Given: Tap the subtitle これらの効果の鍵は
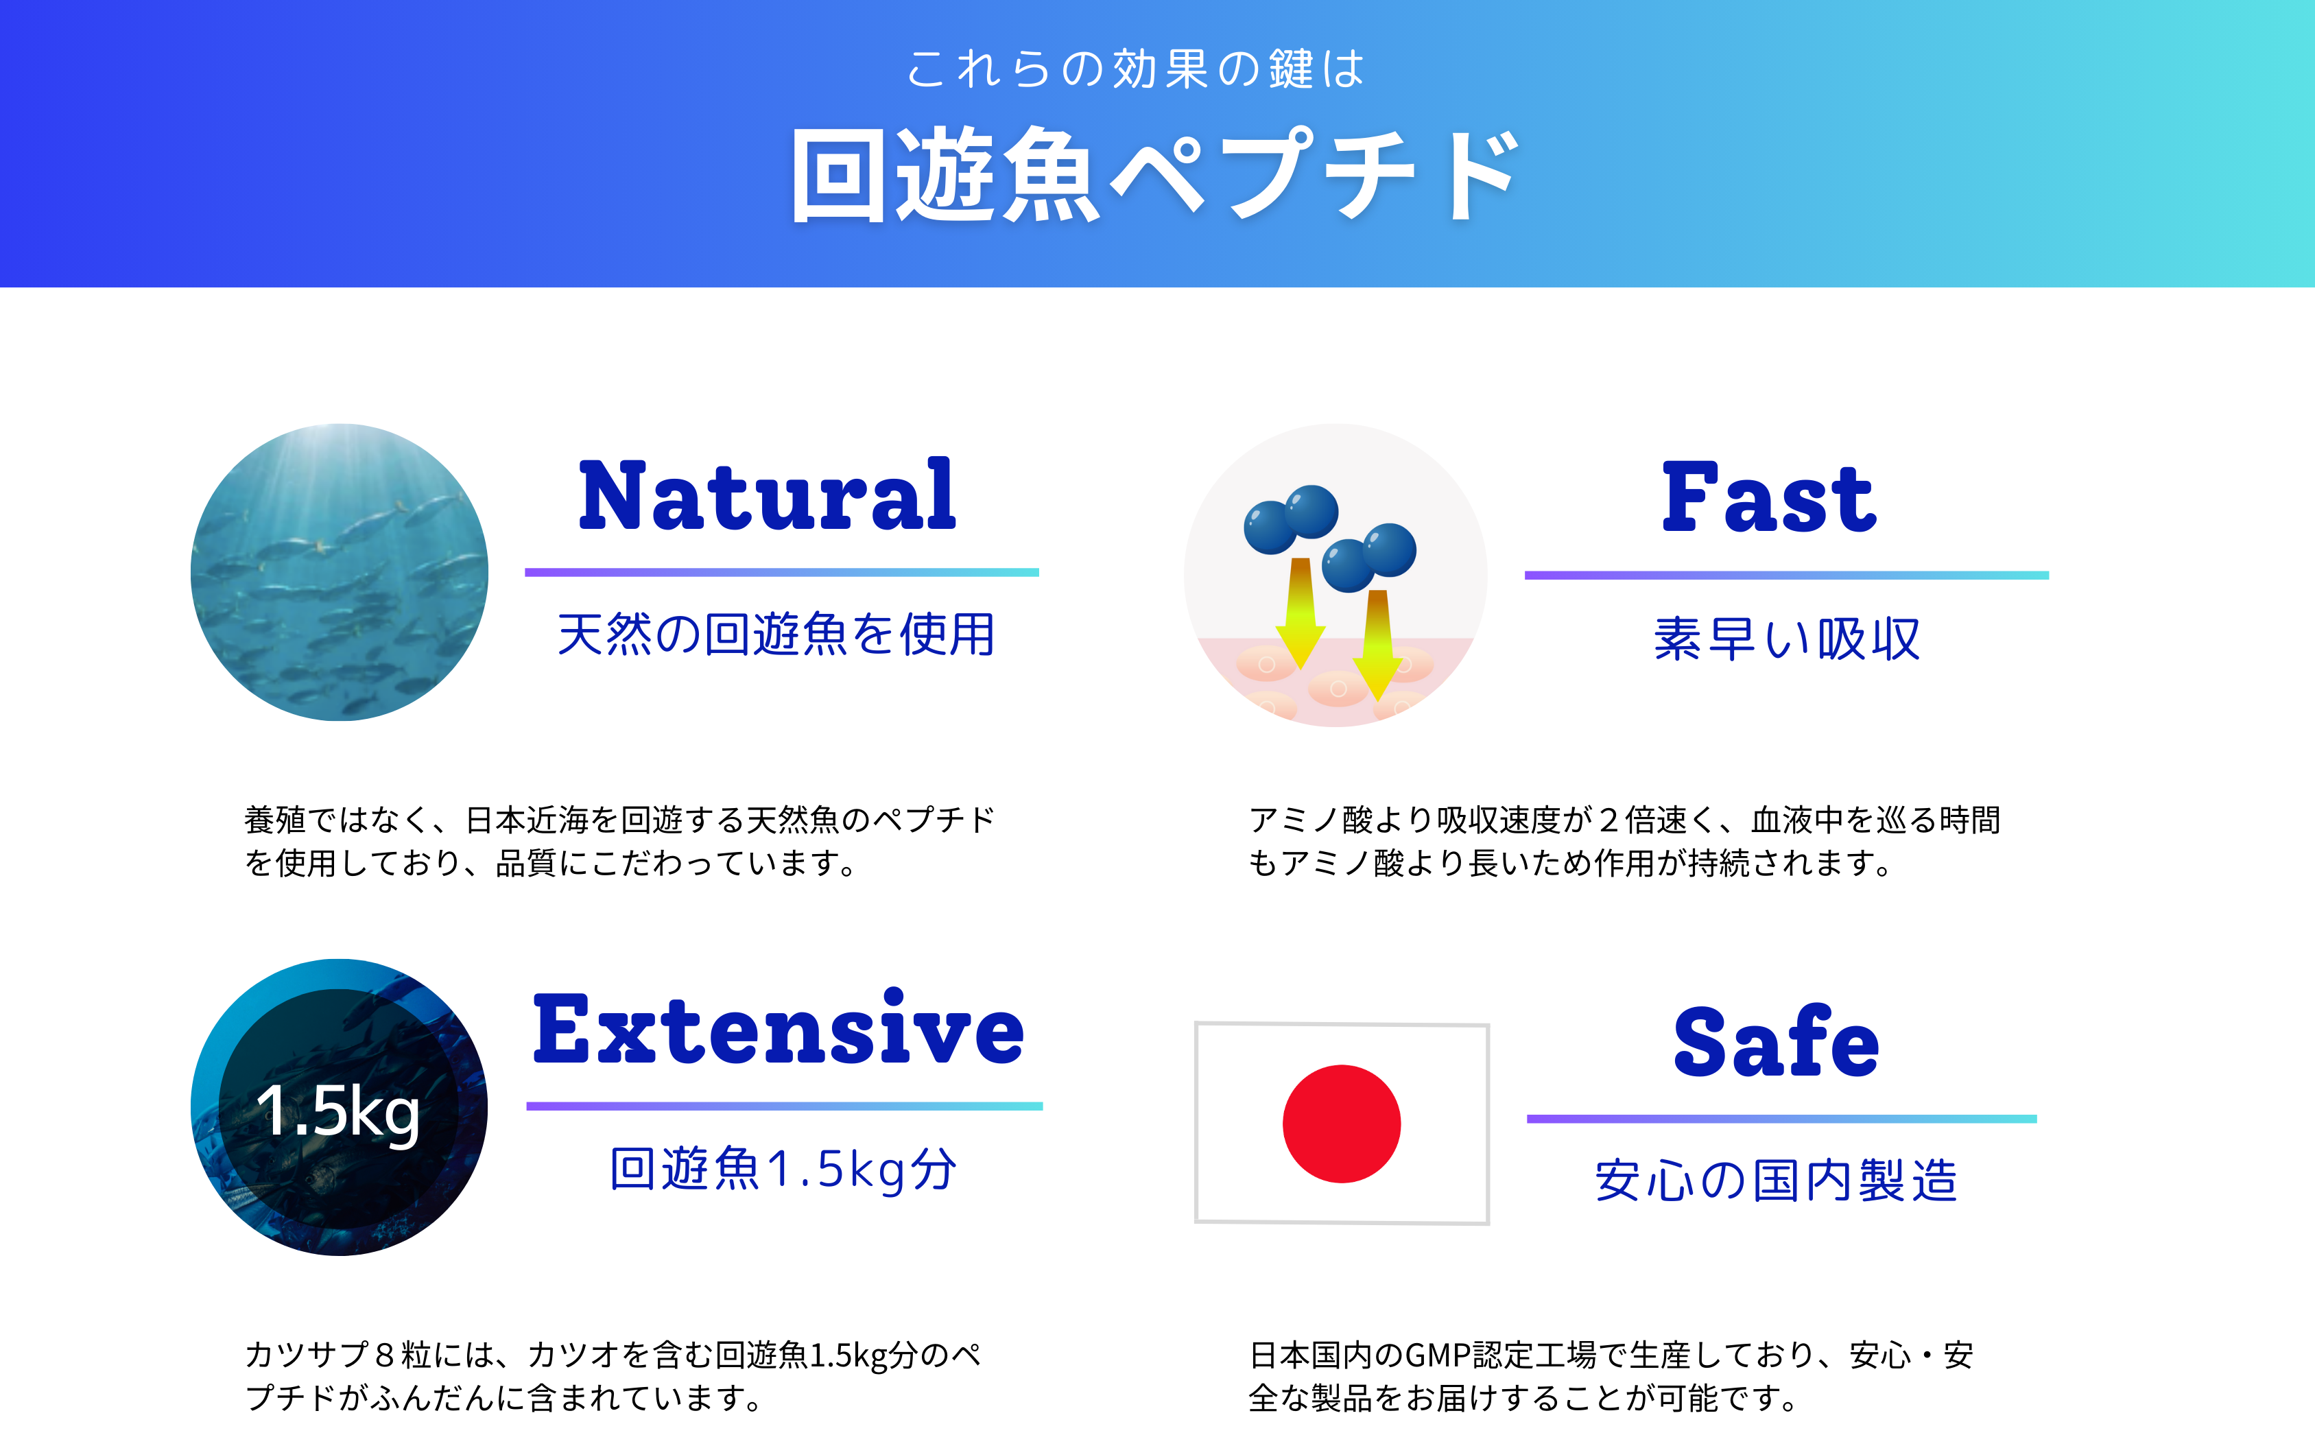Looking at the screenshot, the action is pos(1135,69).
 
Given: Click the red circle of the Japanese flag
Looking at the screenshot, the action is pos(1342,1124).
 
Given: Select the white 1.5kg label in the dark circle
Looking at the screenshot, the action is pos(337,1112).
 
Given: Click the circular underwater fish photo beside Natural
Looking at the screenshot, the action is pos(340,572).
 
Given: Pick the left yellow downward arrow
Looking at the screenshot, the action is pos(1301,612).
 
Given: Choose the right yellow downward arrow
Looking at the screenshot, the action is pos(1378,645).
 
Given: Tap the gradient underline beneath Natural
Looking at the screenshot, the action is pos(782,572).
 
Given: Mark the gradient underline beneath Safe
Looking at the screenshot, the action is pos(1781,1118).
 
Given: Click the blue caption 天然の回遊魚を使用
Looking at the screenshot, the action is pos(776,634).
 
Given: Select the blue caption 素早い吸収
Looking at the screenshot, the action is pos(1786,639).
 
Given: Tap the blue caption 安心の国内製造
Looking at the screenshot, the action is pos(1776,1179).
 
